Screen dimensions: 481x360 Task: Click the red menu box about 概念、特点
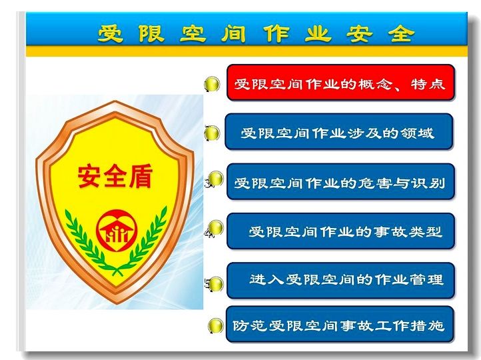point(340,83)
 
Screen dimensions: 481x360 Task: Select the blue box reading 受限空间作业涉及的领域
point(339,131)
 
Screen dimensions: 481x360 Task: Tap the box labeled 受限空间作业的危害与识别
point(340,182)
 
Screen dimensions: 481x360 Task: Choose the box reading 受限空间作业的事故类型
point(340,231)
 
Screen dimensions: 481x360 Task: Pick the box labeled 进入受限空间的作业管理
point(340,281)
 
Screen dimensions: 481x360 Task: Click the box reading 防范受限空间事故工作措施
point(340,324)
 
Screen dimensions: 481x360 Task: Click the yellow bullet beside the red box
point(213,84)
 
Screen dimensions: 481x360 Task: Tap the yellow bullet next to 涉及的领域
point(213,133)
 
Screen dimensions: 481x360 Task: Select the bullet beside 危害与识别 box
point(217,178)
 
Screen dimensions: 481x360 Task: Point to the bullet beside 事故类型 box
point(217,228)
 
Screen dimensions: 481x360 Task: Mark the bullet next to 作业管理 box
point(217,284)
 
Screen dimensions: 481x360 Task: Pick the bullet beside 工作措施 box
point(216,325)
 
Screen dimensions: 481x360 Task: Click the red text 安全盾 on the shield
point(115,177)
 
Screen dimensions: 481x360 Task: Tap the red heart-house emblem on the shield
point(117,230)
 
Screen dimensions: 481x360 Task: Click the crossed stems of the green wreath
point(117,271)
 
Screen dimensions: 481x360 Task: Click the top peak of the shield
point(115,101)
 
